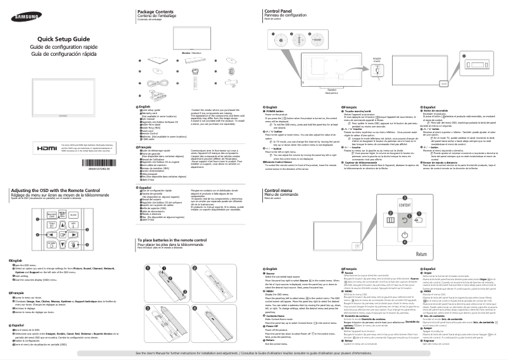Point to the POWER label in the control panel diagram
(377, 58)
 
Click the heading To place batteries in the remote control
(175, 223)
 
